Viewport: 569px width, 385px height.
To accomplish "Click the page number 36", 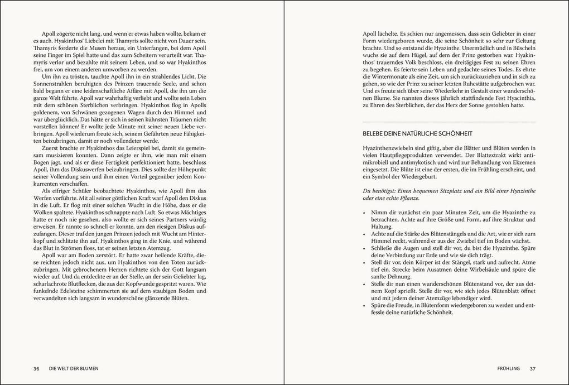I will (36, 368).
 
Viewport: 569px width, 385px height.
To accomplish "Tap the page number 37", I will (532, 368).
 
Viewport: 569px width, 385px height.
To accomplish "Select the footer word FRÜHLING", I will (508, 368).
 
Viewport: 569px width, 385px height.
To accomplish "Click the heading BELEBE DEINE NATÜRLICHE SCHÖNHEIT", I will (417, 133).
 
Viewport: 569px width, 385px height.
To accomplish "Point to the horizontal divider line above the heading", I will (449, 122).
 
